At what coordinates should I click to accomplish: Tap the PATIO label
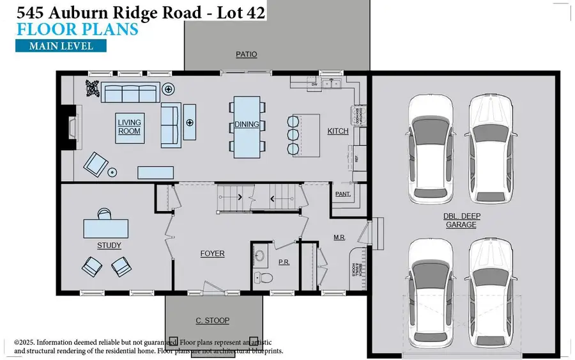point(246,54)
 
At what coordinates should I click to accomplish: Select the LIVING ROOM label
point(129,127)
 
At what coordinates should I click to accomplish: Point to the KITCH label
point(338,131)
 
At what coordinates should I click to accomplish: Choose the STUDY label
point(109,246)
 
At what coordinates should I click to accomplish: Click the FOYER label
point(212,254)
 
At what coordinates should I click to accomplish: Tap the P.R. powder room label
point(284,263)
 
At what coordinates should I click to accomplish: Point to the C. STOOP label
point(212,320)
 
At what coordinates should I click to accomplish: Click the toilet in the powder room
point(263,278)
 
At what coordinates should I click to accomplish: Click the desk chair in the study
point(104,212)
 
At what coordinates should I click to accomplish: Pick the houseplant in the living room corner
point(92,90)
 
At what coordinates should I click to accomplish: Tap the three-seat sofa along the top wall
point(130,93)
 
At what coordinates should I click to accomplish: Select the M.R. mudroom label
point(339,237)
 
